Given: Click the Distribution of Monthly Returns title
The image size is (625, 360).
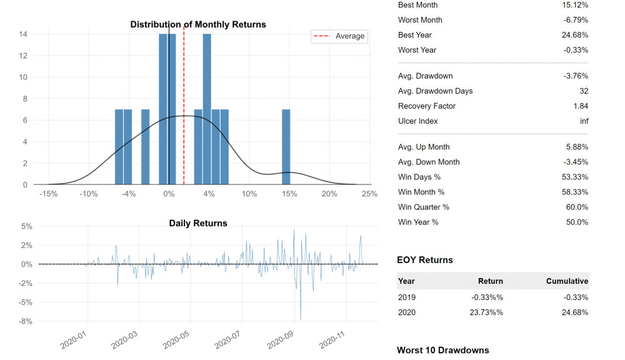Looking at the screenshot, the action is tap(198, 24).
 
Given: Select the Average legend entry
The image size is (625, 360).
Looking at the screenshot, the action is tap(339, 36).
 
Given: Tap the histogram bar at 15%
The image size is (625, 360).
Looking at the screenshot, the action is tap(286, 147).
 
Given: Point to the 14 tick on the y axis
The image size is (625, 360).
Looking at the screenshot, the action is tap(23, 34).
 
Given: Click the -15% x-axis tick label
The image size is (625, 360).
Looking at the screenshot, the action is tap(48, 194).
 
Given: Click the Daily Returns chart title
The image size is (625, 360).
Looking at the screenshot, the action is tap(198, 223).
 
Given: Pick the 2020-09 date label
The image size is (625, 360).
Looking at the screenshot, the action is tap(280, 340).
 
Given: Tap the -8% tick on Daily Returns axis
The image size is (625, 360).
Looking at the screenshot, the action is tap(25, 321).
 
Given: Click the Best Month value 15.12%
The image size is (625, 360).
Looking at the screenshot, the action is tap(575, 5).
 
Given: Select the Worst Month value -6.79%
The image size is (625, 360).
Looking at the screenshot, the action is tap(576, 20).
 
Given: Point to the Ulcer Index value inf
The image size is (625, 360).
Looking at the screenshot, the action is tap(584, 121).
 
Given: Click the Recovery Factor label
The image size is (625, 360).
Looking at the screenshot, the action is tap(426, 106).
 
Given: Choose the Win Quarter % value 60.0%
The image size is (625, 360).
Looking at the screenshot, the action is tap(577, 207).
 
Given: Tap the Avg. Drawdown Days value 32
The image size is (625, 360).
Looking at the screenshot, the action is tap(584, 91).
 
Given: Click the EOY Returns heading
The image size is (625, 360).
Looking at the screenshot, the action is tap(425, 260).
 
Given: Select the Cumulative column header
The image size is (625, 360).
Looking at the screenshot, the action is tap(567, 281).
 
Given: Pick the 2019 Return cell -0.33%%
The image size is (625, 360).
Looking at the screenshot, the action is tap(487, 297).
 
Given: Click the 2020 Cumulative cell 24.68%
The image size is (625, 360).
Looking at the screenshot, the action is tap(575, 312).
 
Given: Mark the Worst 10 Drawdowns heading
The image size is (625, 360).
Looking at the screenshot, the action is tap(443, 350).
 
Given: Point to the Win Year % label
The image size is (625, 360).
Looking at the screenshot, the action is tap(418, 222).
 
